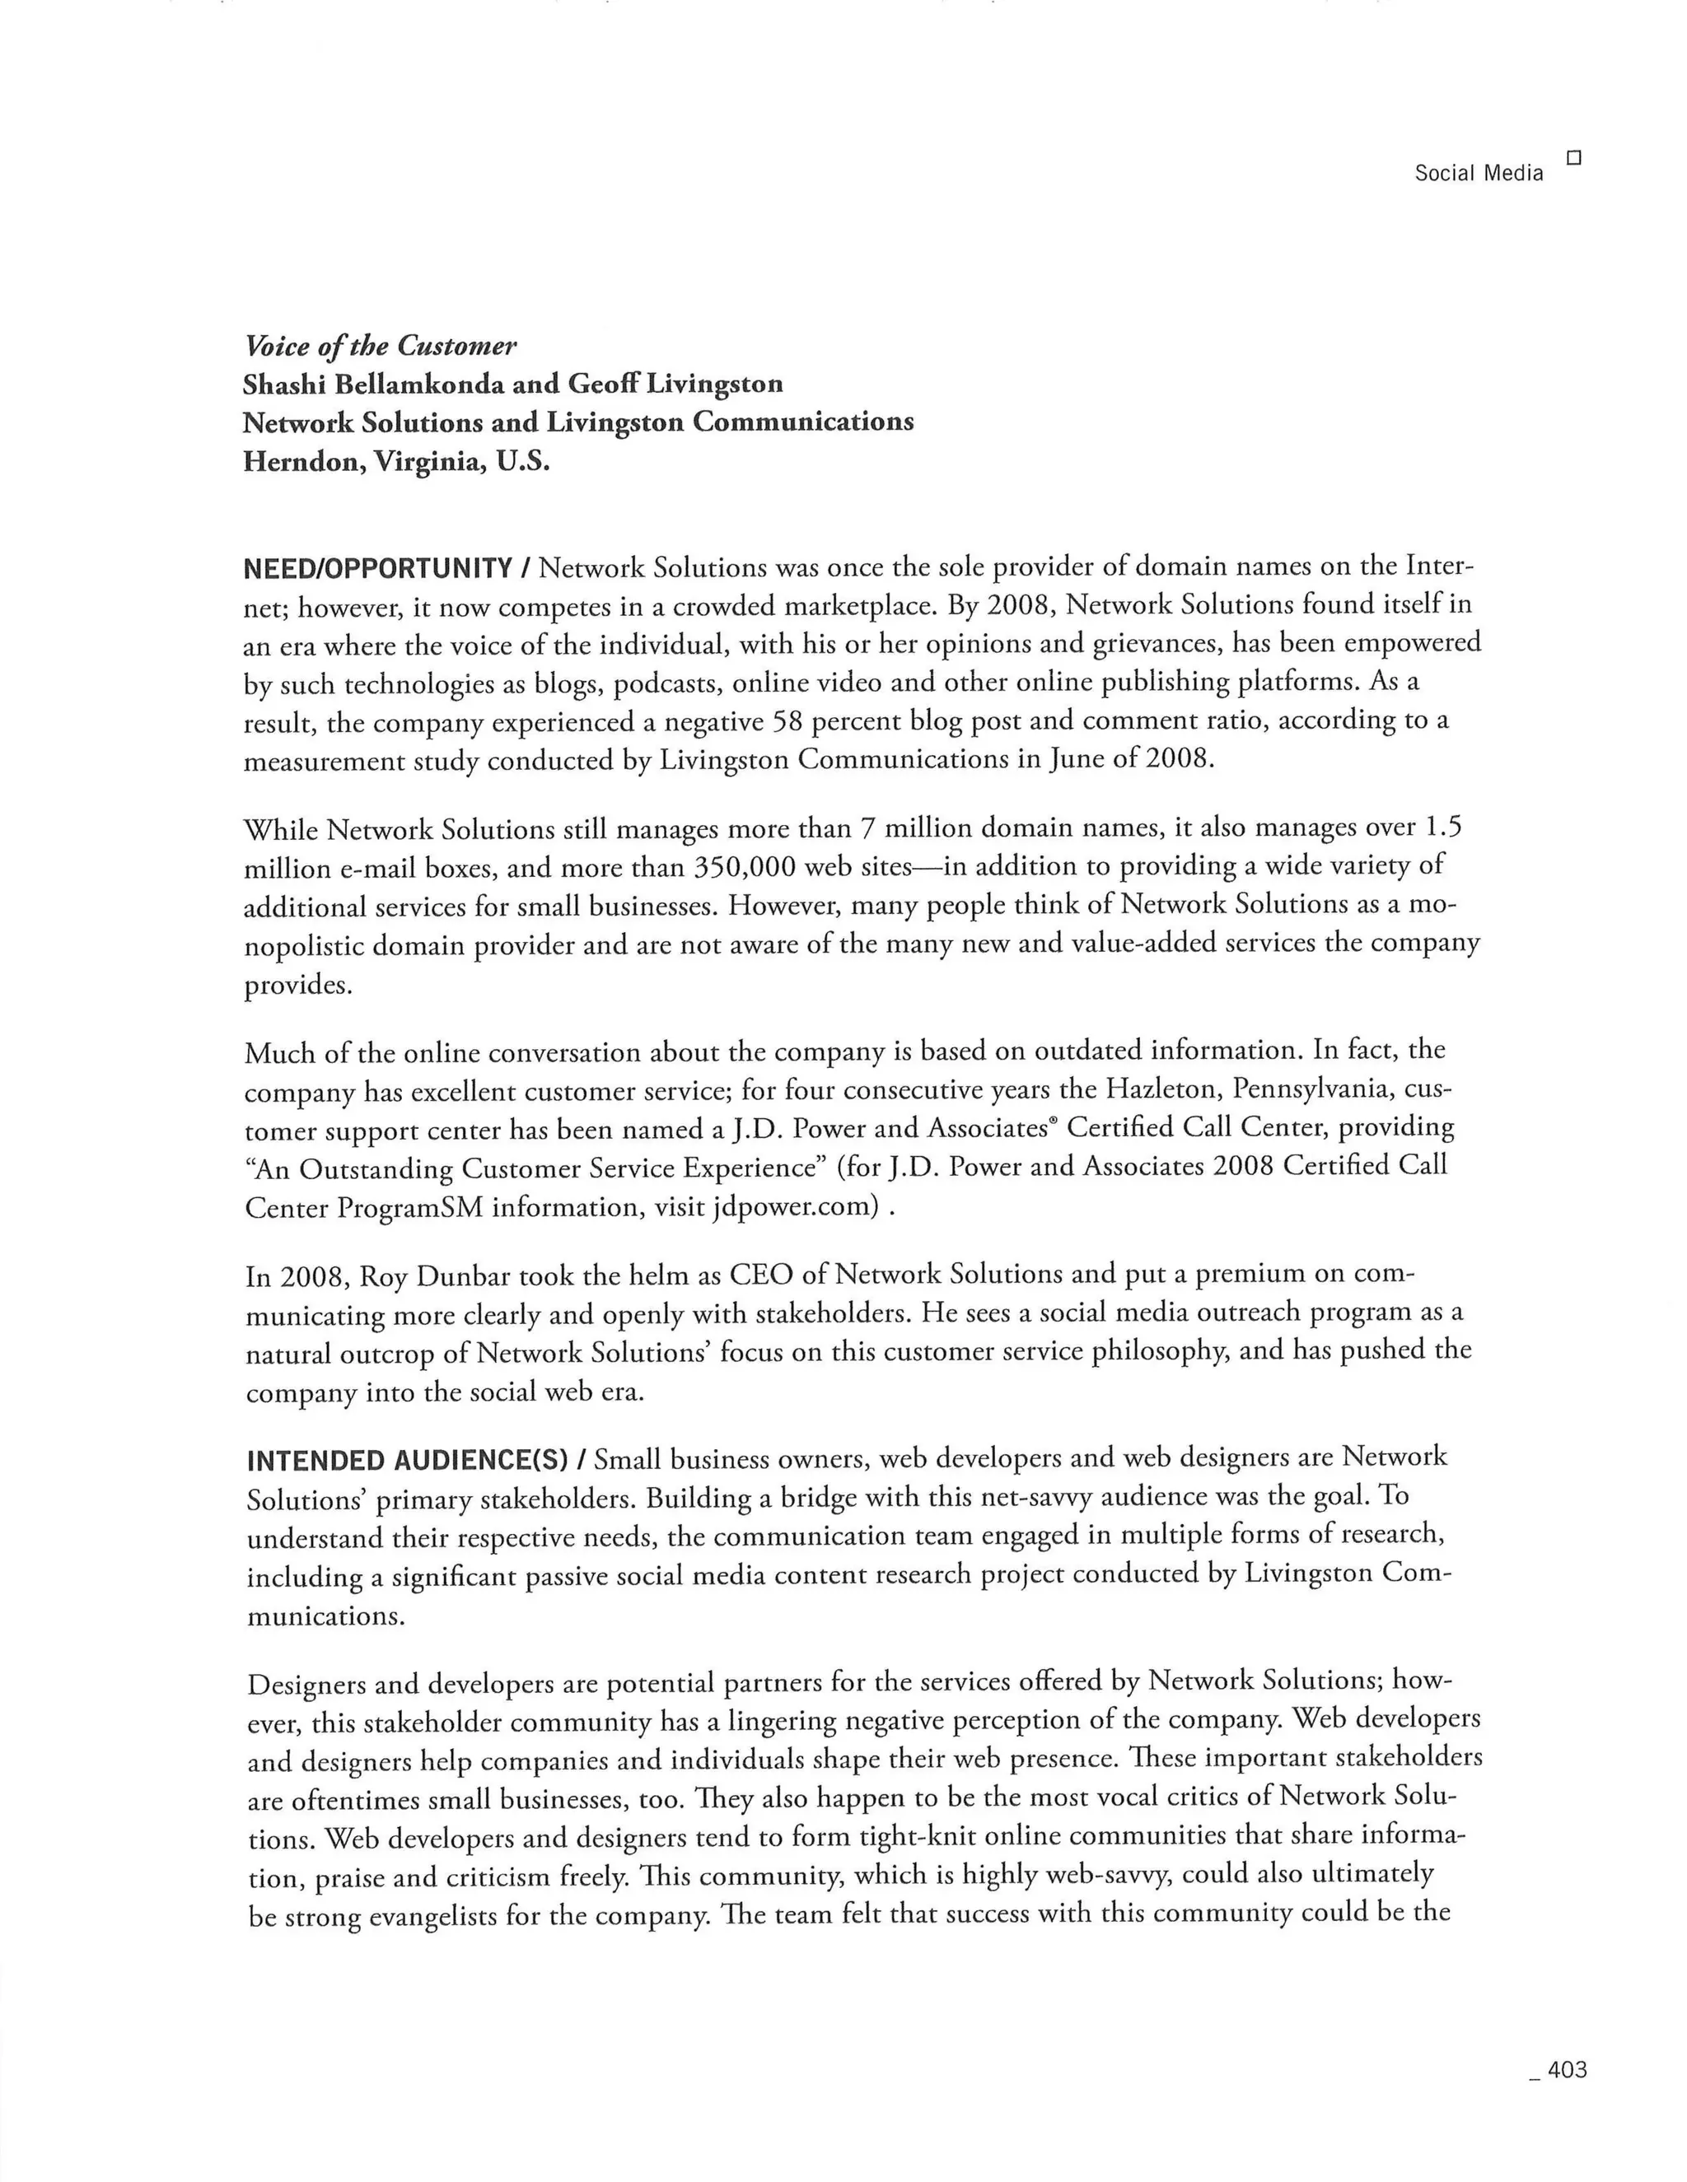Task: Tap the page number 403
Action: point(1566,2069)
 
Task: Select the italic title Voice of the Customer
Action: point(380,346)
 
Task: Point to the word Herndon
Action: point(303,463)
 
